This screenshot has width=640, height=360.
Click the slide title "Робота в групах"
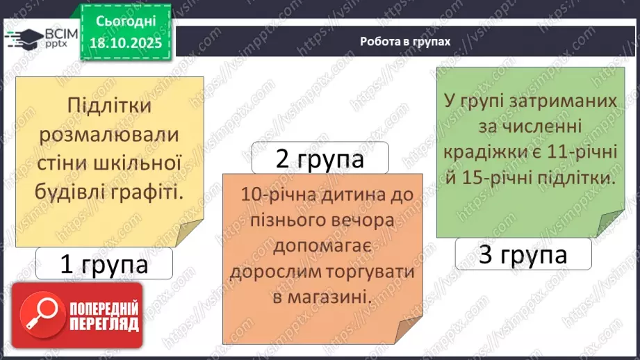point(405,41)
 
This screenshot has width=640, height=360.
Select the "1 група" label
point(104,264)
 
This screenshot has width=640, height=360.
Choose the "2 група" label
point(320,159)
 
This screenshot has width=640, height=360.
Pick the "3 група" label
point(523,255)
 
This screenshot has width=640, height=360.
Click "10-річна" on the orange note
point(271,195)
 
